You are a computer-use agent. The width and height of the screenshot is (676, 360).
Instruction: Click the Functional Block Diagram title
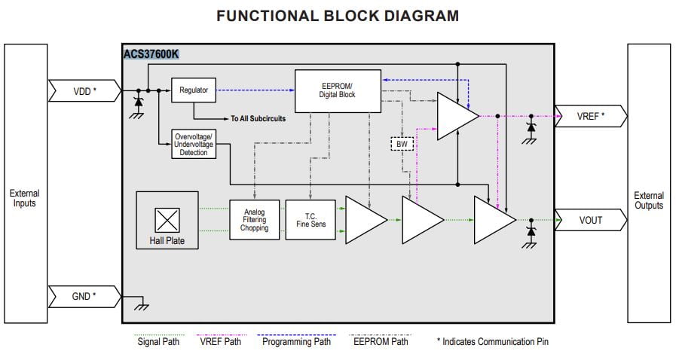[x=337, y=15]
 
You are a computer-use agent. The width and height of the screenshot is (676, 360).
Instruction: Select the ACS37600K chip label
[x=151, y=54]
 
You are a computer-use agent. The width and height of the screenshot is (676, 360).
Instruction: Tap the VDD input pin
[x=83, y=91]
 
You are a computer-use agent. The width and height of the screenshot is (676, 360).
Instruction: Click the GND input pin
[x=83, y=296]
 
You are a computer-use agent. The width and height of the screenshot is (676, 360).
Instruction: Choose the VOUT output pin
[x=589, y=220]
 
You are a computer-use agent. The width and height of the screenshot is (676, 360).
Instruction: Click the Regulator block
[x=194, y=90]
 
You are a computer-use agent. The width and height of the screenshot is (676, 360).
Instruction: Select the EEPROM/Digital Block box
[x=337, y=90]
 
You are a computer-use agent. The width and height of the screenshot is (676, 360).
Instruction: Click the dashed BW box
[x=401, y=143]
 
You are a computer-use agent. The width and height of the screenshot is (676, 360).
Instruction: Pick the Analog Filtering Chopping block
[x=254, y=220]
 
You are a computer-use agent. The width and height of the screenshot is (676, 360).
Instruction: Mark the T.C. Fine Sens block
[x=310, y=220]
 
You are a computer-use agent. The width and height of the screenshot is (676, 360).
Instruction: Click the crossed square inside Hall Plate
[x=166, y=220]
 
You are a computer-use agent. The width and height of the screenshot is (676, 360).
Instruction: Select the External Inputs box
[x=25, y=198]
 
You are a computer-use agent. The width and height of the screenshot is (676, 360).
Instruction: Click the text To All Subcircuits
[x=258, y=118]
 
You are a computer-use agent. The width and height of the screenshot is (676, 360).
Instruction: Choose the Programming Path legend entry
[x=296, y=340]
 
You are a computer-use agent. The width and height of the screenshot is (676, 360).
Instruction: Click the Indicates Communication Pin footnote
[x=493, y=341]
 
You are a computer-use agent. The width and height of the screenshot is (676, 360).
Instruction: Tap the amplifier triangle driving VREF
[x=454, y=116]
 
